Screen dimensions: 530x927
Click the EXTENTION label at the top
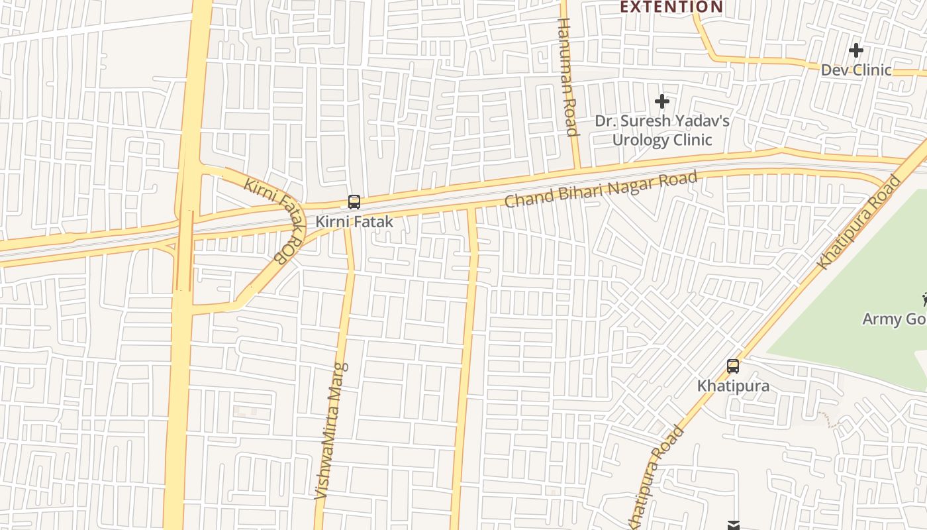coord(671,7)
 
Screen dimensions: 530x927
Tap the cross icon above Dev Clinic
coord(856,50)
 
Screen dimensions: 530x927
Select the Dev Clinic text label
coord(856,70)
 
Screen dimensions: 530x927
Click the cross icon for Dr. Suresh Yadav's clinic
coord(661,101)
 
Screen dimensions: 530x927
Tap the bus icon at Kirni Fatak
coord(354,202)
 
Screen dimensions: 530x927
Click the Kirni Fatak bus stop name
coord(354,222)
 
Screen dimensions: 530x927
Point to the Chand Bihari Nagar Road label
coord(601,189)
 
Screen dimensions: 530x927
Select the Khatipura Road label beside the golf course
coord(859,222)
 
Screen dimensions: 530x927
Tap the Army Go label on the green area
coord(894,319)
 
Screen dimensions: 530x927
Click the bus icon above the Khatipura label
coord(733,366)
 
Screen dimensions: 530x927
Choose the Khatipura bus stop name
coord(733,386)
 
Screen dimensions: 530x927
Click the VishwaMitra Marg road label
coord(331,431)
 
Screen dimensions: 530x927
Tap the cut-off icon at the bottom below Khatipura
coord(733,525)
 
